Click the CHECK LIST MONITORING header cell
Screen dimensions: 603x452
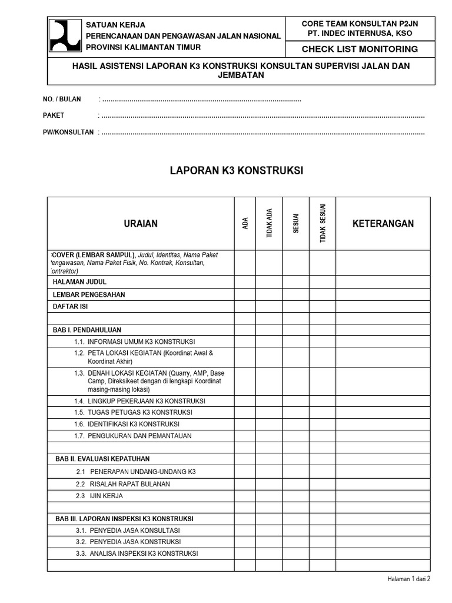(360, 49)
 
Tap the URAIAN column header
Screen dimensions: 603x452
(141, 224)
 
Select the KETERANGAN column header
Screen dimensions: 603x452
(383, 224)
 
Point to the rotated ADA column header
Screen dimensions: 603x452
(245, 224)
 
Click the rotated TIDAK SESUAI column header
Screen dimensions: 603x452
(323, 224)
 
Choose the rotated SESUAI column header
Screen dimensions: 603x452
(296, 224)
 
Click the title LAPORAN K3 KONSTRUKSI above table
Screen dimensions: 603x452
(236, 171)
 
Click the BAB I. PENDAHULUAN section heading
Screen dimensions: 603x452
(88, 330)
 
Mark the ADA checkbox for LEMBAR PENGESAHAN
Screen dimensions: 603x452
(245, 294)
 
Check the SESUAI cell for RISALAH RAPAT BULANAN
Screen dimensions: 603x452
(296, 484)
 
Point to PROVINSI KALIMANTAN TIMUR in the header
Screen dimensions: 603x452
(144, 47)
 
